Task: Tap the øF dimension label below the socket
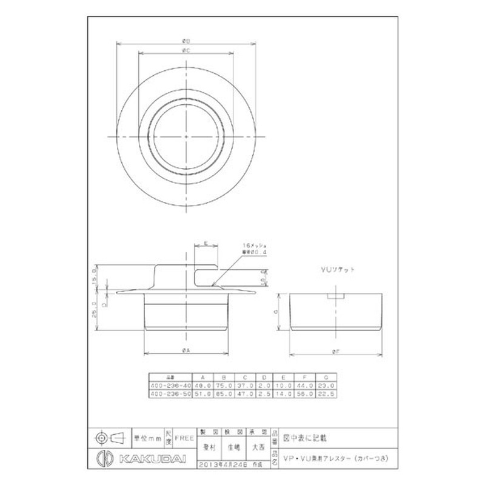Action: [x=336, y=351]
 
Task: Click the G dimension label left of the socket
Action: [x=276, y=311]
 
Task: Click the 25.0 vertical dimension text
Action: [x=95, y=312]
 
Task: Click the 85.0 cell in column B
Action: [x=225, y=393]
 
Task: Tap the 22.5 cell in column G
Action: [x=328, y=393]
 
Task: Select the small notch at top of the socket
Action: [x=336, y=296]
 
